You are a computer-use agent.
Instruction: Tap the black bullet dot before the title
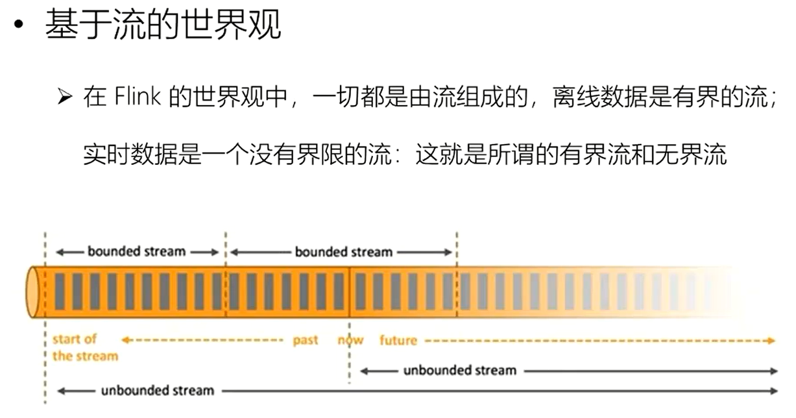[19, 27]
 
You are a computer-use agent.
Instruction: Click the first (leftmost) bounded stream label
[137, 251]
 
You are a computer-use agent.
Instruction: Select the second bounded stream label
[344, 251]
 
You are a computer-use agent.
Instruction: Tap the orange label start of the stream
[85, 347]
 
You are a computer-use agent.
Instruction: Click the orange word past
[305, 340]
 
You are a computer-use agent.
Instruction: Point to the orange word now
[350, 340]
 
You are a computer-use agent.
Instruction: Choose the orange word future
[398, 340]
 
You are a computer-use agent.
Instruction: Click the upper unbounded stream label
[460, 371]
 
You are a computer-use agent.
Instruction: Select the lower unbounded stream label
[157, 391]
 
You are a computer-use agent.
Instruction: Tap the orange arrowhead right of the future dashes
[771, 340]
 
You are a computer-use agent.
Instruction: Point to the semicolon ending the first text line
[771, 101]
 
